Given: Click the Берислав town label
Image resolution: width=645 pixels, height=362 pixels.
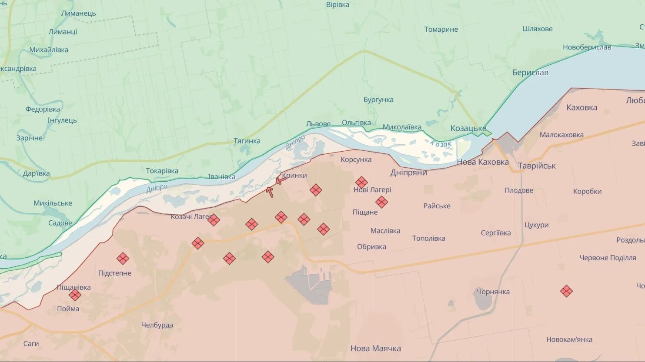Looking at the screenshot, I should coord(530,73).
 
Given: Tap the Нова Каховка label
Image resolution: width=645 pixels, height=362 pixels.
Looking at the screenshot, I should coord(482,162).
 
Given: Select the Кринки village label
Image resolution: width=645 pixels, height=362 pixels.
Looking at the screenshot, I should coord(294,176).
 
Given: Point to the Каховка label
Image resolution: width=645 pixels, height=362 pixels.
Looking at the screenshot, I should coord(582,107).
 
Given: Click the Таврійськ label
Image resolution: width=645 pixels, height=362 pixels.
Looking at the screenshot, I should coord(537,166).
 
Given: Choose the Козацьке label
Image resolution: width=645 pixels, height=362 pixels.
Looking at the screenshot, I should coord(468,128).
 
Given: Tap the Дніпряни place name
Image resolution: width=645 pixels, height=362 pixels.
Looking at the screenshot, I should coord(408,173).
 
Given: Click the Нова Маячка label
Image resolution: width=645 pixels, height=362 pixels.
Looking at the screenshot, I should coord(375,348).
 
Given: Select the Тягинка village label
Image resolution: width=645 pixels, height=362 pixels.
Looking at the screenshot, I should coord(247,141).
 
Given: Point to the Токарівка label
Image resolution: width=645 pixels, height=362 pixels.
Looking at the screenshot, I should coord(162,171).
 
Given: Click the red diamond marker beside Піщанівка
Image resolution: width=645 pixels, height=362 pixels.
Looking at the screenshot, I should coord(75,295).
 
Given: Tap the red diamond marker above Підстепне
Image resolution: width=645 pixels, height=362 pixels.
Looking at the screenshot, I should coord(123,259).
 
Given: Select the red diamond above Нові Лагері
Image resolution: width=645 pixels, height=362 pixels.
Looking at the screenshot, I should coord(361,182).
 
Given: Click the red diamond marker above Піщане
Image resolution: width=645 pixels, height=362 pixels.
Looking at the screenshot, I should coord(381,202).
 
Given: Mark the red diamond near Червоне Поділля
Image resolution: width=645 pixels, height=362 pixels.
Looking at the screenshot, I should coord(566,291).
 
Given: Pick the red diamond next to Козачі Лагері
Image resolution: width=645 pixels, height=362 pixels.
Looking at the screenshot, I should coord(213,220).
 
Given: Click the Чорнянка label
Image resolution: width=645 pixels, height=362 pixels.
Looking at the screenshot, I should coord(493,292).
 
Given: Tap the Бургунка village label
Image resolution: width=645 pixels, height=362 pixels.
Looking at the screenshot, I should coord(378,100).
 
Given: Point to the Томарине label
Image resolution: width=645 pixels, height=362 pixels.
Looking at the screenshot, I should coord(441,30).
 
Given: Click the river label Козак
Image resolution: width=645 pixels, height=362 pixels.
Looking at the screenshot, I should coord(441,144).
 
